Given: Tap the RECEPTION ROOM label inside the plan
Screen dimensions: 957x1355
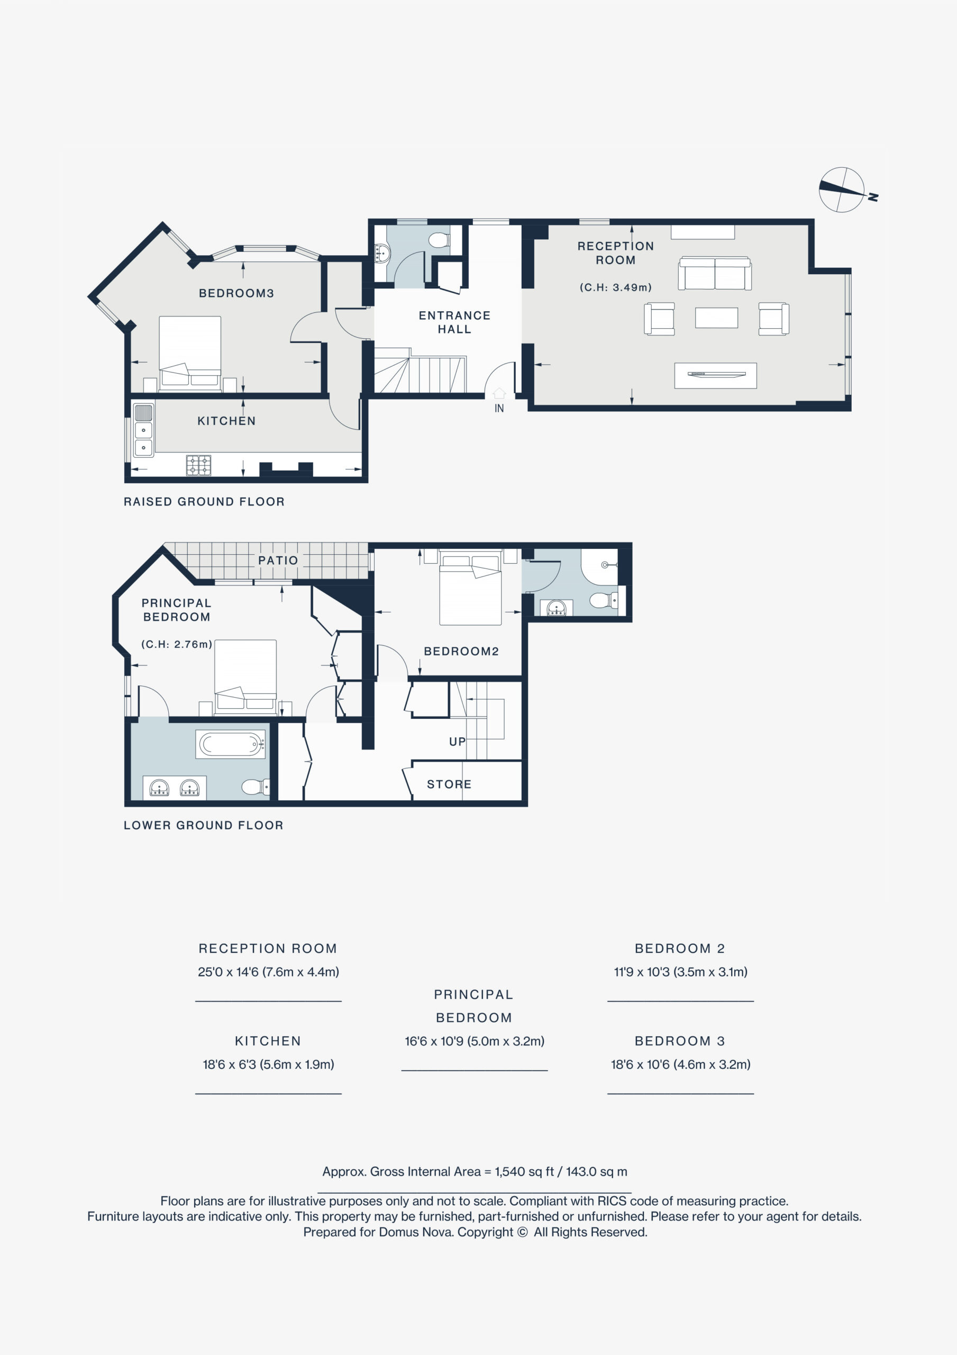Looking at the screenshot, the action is tap(615, 253).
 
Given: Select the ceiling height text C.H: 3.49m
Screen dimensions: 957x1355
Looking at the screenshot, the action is tap(615, 287).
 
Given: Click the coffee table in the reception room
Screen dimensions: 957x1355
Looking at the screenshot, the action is tap(716, 318).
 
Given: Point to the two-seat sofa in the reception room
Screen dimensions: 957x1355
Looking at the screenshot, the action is tap(715, 273).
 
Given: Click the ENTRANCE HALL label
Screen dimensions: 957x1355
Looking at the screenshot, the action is tap(454, 322).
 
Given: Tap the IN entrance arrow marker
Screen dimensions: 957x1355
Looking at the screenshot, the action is tap(499, 393).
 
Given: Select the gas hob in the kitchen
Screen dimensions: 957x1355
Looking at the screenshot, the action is tap(198, 465).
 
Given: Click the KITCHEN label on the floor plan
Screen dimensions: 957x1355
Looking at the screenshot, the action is tap(226, 421).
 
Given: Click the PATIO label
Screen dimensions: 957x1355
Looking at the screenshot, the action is tap(278, 560).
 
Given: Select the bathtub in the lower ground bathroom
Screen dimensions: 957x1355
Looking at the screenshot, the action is tap(230, 744).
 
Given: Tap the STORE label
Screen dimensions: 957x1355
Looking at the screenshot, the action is tap(449, 784).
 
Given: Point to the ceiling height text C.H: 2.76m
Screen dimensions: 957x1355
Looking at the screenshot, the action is tap(176, 645).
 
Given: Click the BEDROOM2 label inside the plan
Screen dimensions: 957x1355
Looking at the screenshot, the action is tap(461, 651).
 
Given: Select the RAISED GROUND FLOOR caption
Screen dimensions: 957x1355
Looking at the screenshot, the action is tap(204, 502).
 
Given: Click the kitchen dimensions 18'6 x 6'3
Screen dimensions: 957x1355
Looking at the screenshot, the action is tap(268, 1064).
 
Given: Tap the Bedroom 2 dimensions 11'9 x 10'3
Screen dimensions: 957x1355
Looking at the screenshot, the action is tap(680, 971).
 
